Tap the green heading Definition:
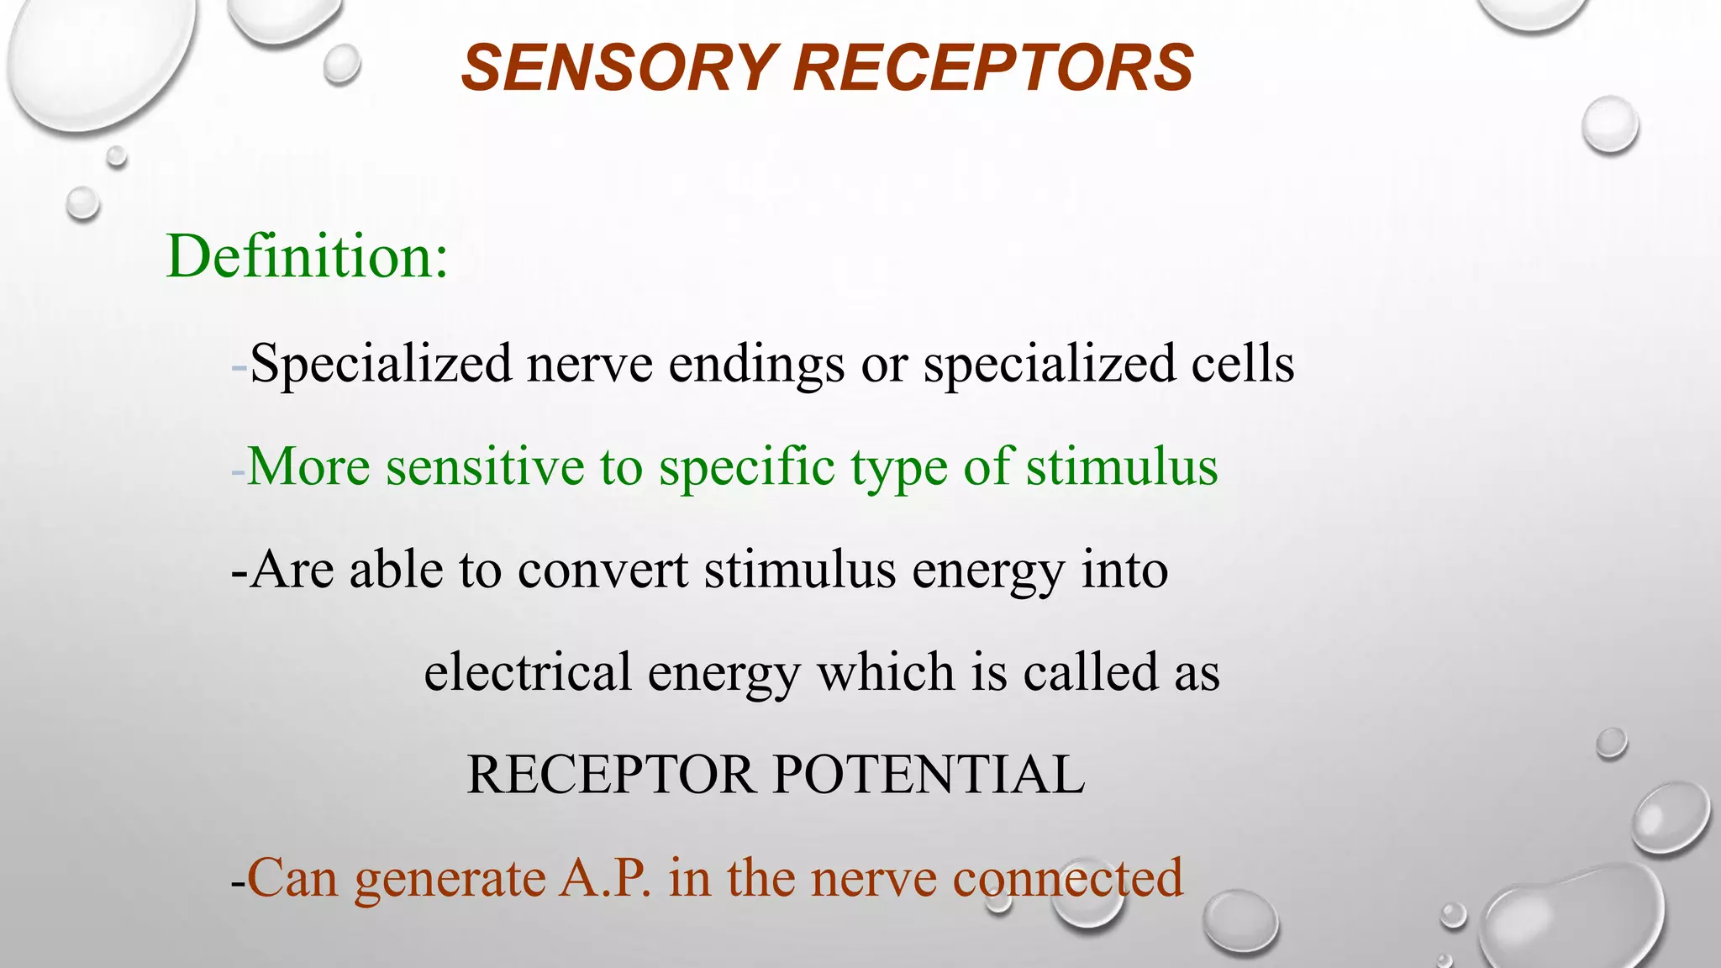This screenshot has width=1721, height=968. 308,256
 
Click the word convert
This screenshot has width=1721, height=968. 603,570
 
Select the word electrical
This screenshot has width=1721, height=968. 527,672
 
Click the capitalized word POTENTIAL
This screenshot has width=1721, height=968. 929,775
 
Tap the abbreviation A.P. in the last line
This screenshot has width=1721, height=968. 605,879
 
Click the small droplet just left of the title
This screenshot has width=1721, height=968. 341,64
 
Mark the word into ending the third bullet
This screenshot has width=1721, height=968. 1124,570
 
